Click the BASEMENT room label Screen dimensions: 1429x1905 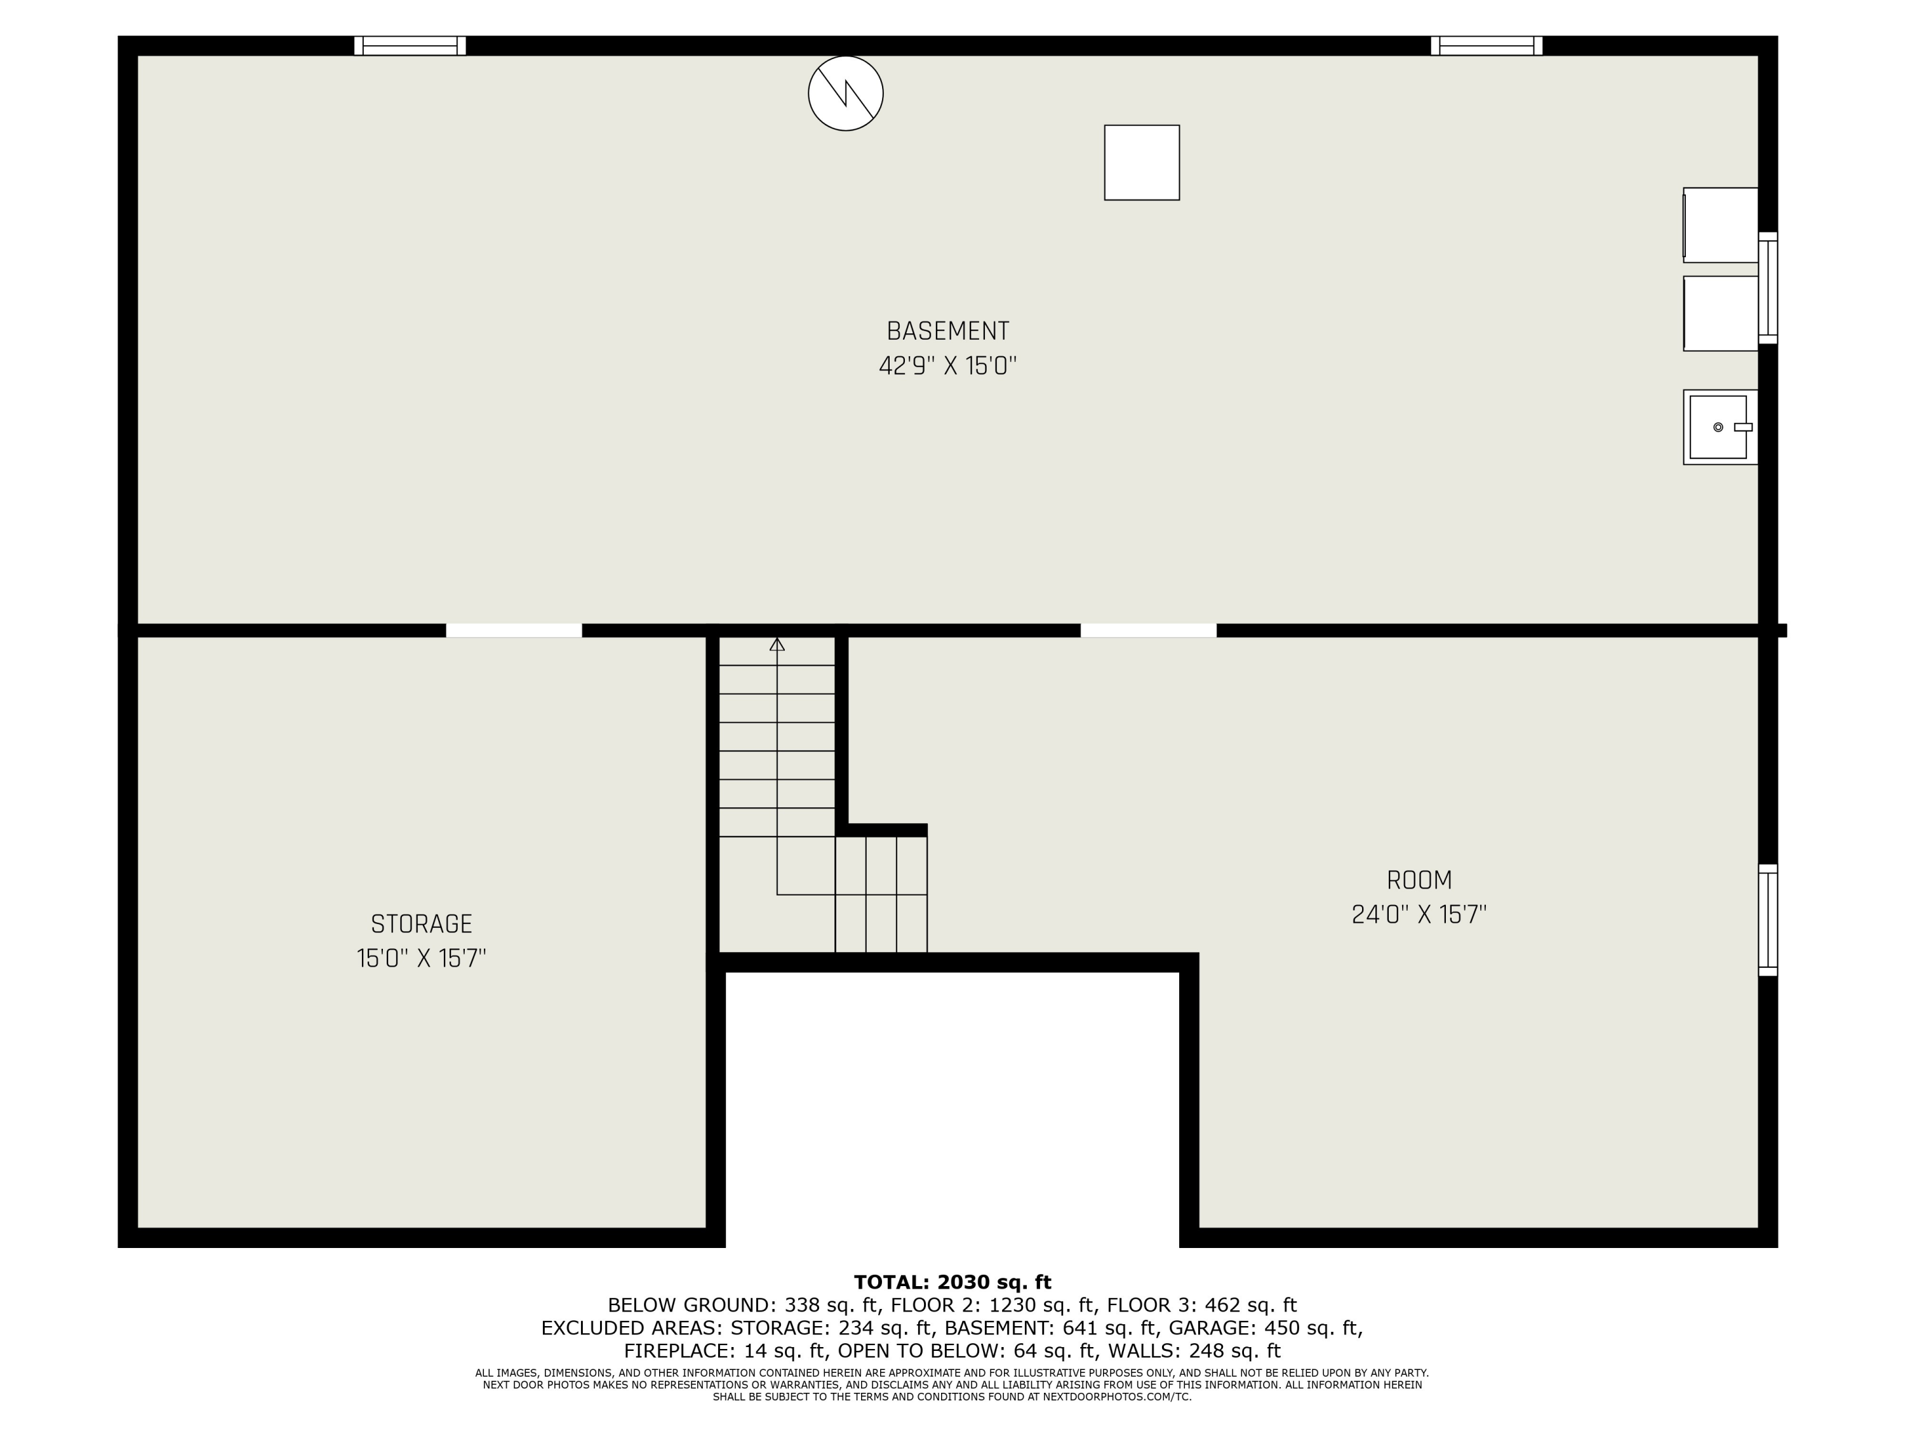pyautogui.click(x=947, y=331)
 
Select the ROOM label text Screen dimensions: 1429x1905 pyautogui.click(x=1419, y=880)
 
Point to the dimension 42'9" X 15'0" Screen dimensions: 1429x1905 pyautogui.click(x=947, y=366)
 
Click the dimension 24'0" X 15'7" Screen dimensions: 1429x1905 pyautogui.click(x=1419, y=915)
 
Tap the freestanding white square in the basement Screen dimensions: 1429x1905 pyautogui.click(x=1141, y=163)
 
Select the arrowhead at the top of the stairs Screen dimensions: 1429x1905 pyautogui.click(x=777, y=644)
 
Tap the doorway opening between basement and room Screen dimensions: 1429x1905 pyautogui.click(x=1148, y=631)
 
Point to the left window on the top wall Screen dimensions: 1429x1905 pyautogui.click(x=410, y=46)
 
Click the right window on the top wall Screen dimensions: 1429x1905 pyautogui.click(x=1487, y=46)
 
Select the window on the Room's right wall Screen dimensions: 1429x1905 pyautogui.click(x=1767, y=920)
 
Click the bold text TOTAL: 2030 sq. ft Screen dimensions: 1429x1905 pyautogui.click(x=952, y=1282)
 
